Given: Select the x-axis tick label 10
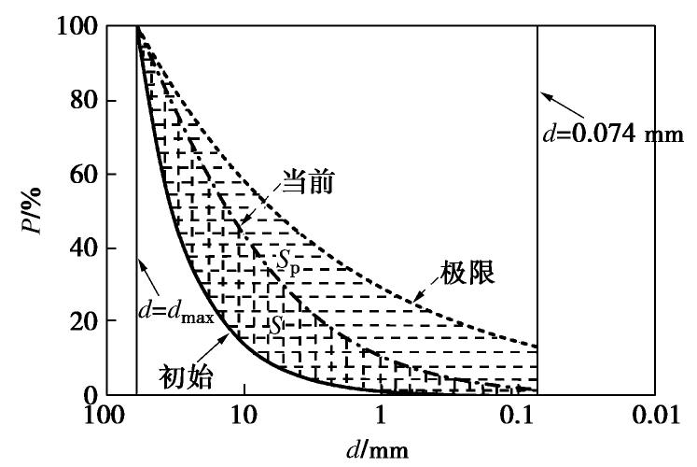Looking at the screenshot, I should pyautogui.click(x=244, y=414).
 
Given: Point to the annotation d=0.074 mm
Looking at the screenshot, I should pyautogui.click(x=615, y=134).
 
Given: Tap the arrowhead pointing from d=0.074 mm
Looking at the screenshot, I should pyautogui.click(x=545, y=94).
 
